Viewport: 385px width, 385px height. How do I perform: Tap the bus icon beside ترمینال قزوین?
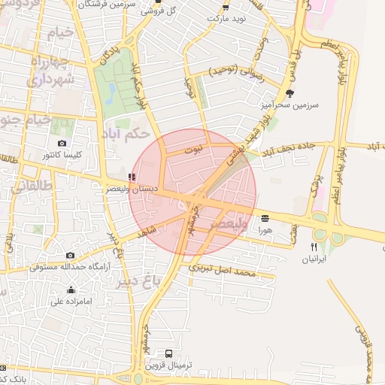168,353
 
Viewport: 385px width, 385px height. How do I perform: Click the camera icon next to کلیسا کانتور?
62,143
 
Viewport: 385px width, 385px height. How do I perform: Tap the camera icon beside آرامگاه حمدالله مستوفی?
70,256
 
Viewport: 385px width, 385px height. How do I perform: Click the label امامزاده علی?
71,302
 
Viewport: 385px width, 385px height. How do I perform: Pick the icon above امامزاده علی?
71,290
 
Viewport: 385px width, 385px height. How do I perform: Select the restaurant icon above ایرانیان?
314,247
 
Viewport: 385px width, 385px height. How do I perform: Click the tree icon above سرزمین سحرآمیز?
290,93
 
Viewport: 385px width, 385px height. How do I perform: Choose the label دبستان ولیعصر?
131,189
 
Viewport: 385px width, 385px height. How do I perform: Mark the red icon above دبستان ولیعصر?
132,177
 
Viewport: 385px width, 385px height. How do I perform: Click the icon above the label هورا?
265,219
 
